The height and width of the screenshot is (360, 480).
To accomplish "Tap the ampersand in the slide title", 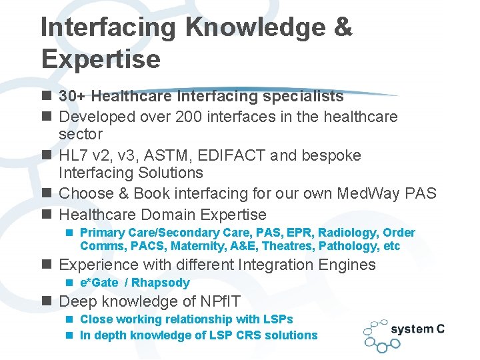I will tap(341, 27).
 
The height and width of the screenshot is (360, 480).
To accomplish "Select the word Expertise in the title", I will tap(101, 59).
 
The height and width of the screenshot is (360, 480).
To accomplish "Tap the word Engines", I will tap(347, 265).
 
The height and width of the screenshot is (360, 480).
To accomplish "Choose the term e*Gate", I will tap(99, 283).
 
